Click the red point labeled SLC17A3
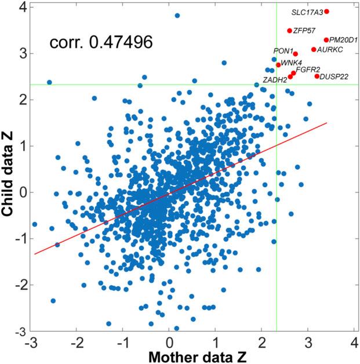pyautogui.click(x=327, y=12)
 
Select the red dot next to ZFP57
pyautogui.click(x=290, y=31)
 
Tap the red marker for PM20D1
pyautogui.click(x=326, y=40)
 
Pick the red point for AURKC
pyautogui.click(x=314, y=50)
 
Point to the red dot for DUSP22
pyautogui.click(x=317, y=77)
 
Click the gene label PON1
pyautogui.click(x=283, y=51)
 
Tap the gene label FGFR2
pyautogui.click(x=308, y=70)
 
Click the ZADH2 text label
pyautogui.click(x=275, y=80)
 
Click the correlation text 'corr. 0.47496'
pyautogui.click(x=101, y=42)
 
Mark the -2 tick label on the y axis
pyautogui.click(x=17, y=285)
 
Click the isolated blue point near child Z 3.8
pyautogui.click(x=177, y=16)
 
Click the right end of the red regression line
pyautogui.click(x=328, y=123)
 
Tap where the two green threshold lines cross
pyautogui.click(x=277, y=85)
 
